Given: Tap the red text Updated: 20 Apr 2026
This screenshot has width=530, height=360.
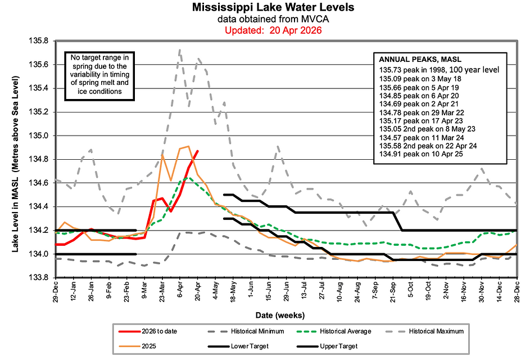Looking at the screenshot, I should [x=273, y=30].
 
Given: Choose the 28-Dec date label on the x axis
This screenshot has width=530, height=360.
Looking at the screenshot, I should [x=517, y=293].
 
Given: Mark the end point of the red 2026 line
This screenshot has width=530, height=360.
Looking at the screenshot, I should [x=197, y=151].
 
